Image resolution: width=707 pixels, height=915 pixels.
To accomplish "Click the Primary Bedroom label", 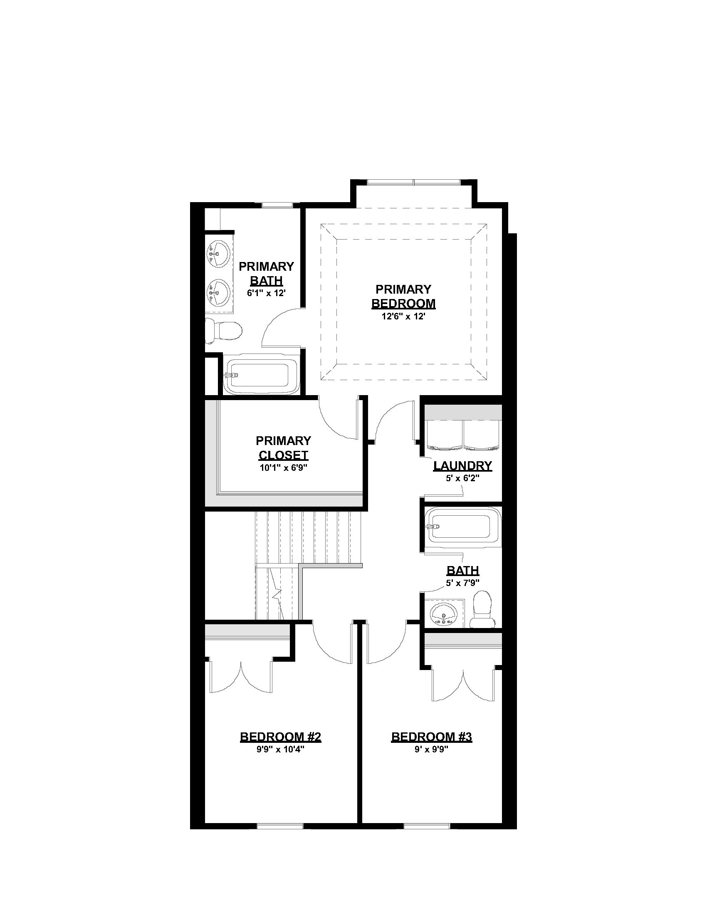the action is (x=403, y=296).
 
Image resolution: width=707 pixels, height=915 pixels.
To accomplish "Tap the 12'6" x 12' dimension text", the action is (x=403, y=317).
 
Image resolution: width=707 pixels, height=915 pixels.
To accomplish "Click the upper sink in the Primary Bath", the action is (x=218, y=253).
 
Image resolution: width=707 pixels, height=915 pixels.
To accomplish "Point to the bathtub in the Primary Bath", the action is (x=260, y=375).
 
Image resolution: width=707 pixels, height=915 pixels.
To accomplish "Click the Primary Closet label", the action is (x=284, y=448).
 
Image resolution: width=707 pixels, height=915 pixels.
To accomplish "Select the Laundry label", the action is (x=462, y=466).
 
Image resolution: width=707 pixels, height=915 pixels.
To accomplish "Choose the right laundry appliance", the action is (x=482, y=434).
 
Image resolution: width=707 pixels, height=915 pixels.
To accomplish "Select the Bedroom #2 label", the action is (x=281, y=737).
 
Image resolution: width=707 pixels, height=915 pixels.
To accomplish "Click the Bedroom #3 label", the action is (x=432, y=737).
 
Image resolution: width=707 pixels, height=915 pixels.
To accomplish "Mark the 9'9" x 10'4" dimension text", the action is (x=281, y=749).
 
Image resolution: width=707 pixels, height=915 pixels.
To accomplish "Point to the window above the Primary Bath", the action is (x=277, y=205).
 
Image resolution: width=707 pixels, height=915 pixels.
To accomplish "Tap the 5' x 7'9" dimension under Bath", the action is (x=462, y=583).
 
